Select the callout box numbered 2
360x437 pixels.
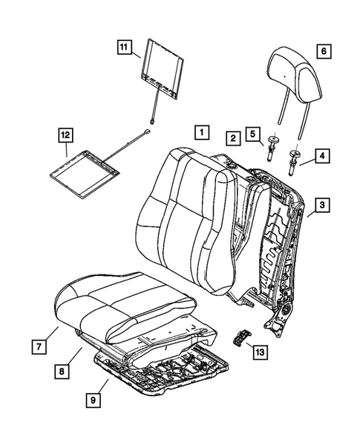click(x=233, y=138)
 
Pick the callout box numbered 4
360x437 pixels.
click(x=323, y=157)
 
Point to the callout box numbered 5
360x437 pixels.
click(x=253, y=135)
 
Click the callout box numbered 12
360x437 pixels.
click(x=66, y=135)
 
